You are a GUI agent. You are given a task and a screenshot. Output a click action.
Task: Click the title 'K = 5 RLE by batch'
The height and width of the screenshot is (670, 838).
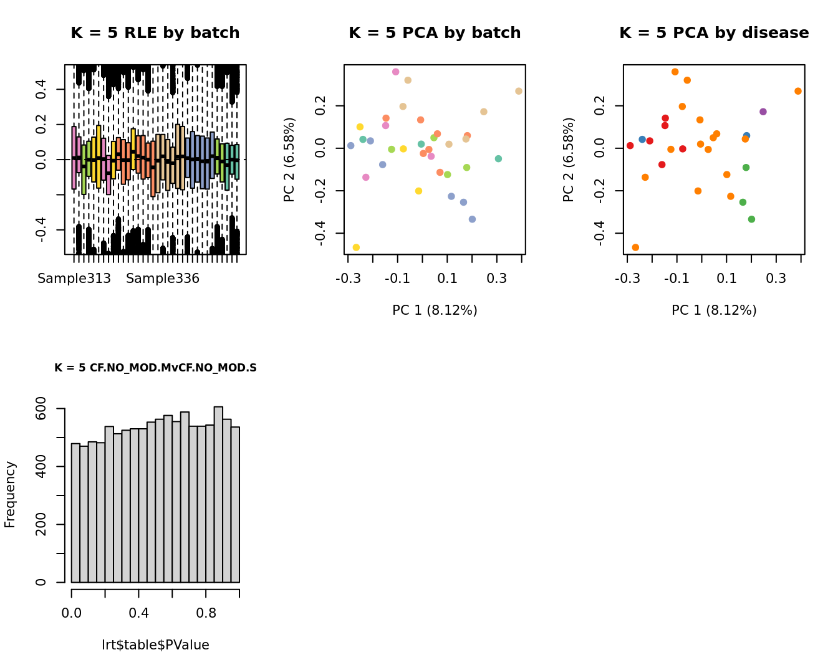click(155, 33)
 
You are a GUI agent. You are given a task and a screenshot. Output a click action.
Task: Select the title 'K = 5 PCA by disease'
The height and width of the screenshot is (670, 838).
click(714, 33)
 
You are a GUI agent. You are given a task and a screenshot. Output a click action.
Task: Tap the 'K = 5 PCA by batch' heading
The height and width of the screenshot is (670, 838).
click(435, 33)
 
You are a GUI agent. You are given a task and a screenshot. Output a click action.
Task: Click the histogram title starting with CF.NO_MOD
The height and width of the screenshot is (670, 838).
click(155, 368)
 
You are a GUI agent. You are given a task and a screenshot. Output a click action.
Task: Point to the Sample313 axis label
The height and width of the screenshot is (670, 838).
click(74, 279)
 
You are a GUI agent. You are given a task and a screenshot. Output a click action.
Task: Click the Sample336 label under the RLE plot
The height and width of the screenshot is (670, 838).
click(163, 279)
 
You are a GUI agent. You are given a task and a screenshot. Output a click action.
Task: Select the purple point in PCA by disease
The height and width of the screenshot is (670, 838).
click(763, 112)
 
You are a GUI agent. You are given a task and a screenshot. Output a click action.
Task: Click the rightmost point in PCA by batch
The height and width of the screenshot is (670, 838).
click(519, 91)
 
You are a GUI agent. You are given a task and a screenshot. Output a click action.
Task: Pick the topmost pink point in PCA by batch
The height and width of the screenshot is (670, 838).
click(395, 72)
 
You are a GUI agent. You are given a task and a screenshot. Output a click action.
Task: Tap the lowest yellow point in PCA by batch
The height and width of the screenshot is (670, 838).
click(356, 247)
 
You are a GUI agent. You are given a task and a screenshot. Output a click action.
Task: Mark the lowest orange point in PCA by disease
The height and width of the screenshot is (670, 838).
click(635, 247)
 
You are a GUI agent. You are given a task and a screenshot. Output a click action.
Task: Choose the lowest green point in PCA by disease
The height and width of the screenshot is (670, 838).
click(751, 219)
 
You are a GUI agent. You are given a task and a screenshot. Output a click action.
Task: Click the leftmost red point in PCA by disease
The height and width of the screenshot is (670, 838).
click(630, 146)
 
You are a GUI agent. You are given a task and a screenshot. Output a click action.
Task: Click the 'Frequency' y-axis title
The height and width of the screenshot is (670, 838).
click(10, 494)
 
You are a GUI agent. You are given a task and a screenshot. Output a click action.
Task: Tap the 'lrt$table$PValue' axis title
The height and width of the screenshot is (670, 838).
click(155, 645)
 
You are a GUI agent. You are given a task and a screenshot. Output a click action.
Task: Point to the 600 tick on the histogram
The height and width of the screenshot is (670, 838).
click(41, 409)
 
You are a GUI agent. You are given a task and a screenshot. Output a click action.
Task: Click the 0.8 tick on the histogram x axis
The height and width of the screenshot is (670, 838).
click(206, 613)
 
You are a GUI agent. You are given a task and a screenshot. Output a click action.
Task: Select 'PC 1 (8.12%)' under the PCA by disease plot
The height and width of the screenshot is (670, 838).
click(714, 310)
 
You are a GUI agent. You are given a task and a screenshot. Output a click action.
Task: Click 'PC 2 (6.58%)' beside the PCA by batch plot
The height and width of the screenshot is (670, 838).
click(289, 160)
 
